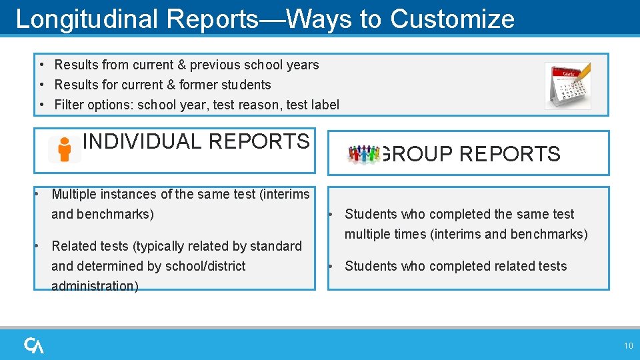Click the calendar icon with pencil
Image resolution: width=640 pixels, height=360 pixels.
pyautogui.click(x=567, y=85)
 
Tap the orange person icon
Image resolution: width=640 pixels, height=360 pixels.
pyautogui.click(x=65, y=149)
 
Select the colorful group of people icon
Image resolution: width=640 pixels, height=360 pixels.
pyautogui.click(x=363, y=154)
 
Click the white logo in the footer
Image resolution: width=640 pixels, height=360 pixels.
pyautogui.click(x=34, y=345)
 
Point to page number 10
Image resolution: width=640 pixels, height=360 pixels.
pyautogui.click(x=628, y=345)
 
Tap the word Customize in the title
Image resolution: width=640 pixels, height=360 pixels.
pyautogui.click(x=452, y=19)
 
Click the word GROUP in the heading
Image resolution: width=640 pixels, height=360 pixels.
pyautogui.click(x=417, y=154)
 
